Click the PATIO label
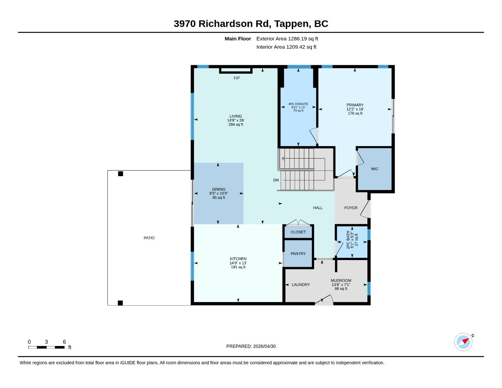[x=149, y=238]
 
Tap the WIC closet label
[x=375, y=169]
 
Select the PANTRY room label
[x=298, y=253]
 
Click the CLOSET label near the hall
[x=298, y=232]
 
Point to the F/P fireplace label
[x=236, y=78]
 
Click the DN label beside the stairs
[x=276, y=180]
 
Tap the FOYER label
[x=351, y=208]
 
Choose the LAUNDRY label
[x=301, y=285]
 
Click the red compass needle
[x=466, y=341]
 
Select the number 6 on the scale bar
[x=64, y=342]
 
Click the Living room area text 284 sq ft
[x=236, y=124]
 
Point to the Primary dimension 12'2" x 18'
[x=355, y=109]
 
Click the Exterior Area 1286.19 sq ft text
[x=287, y=39]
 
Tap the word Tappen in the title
[x=293, y=24]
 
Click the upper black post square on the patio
[x=120, y=174]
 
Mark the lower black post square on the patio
[x=120, y=303]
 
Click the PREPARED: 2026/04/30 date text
[x=251, y=346]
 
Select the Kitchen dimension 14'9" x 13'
[x=238, y=263]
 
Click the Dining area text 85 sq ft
[x=218, y=198]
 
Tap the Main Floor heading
[x=238, y=39]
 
